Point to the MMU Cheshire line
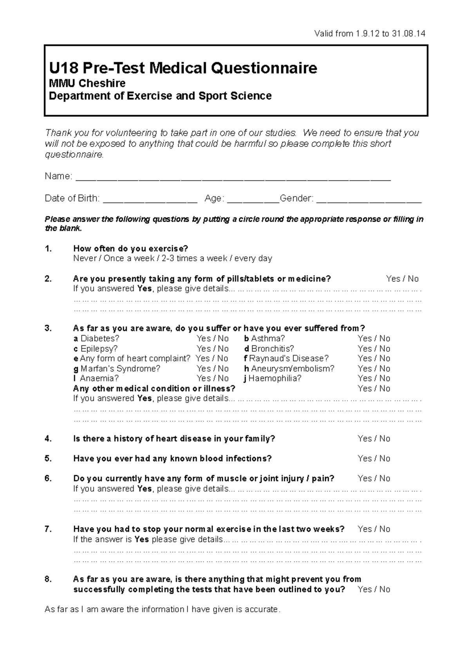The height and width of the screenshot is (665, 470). click(x=87, y=83)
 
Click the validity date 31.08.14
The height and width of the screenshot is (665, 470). click(x=409, y=34)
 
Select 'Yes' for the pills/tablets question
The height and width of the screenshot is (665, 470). click(x=393, y=279)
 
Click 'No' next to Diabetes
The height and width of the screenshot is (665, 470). click(x=223, y=338)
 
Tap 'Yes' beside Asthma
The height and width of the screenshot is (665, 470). click(x=365, y=338)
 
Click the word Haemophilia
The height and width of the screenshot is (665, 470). click(x=275, y=378)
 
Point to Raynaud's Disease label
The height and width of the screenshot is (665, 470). click(x=289, y=358)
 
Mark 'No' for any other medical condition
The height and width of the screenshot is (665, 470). click(x=385, y=389)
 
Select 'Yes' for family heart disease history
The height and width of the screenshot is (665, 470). click(x=365, y=439)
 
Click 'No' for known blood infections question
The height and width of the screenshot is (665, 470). click(x=385, y=459)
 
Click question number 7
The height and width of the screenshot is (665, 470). click(x=48, y=529)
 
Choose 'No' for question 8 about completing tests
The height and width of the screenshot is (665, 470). click(x=385, y=589)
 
